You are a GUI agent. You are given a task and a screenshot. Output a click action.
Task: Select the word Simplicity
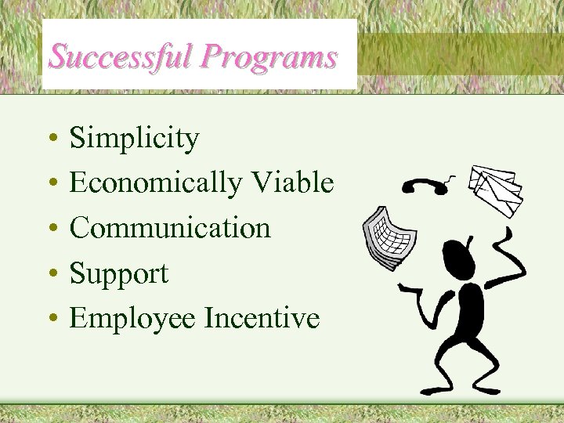pyautogui.click(x=134, y=139)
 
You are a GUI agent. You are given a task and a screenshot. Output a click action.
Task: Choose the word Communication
pyautogui.click(x=171, y=228)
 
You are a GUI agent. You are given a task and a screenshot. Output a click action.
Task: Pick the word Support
pyautogui.click(x=119, y=273)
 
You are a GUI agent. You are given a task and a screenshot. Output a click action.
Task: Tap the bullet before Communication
pyautogui.click(x=49, y=230)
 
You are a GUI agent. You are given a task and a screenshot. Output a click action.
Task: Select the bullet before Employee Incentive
pyautogui.click(x=49, y=319)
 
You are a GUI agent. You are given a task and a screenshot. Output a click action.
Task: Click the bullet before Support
pyautogui.click(x=49, y=274)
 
